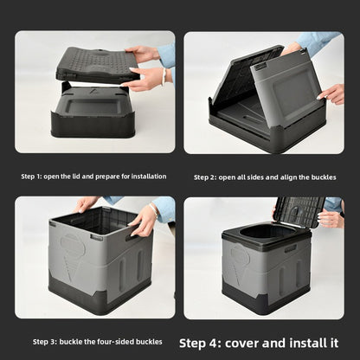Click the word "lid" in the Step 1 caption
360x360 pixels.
[76, 177]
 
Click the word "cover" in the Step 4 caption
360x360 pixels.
[241, 344]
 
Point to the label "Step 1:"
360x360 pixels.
[31, 177]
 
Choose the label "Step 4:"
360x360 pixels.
[200, 344]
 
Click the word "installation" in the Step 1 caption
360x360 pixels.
[149, 177]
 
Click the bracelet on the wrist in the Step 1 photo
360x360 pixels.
[164, 76]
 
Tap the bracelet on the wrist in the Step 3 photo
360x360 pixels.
[154, 210]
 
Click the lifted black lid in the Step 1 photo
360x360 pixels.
[97, 65]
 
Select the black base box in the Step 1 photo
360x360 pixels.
[93, 112]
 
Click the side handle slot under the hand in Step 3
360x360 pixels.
[133, 236]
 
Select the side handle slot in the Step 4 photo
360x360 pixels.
[291, 248]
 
